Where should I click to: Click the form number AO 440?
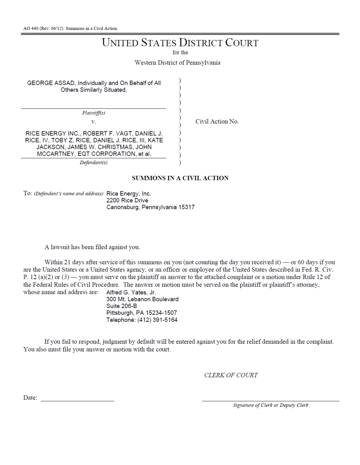click(31, 29)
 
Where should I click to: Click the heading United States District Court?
click(180, 43)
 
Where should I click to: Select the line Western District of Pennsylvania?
click(177, 63)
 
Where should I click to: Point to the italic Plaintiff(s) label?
click(94, 113)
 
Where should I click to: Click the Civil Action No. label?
click(217, 122)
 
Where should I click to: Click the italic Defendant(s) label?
click(94, 163)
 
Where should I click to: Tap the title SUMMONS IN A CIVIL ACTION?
click(180, 178)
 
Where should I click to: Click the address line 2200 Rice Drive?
click(127, 201)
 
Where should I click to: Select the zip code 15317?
click(186, 207)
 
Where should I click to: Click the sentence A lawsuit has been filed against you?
click(92, 247)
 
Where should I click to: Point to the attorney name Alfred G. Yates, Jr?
click(131, 293)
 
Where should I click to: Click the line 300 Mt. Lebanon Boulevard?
click(142, 299)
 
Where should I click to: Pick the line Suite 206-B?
click(121, 306)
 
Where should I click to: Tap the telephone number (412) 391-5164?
click(157, 320)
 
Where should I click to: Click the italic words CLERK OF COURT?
click(231, 375)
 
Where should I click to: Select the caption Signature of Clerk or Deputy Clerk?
click(270, 405)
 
